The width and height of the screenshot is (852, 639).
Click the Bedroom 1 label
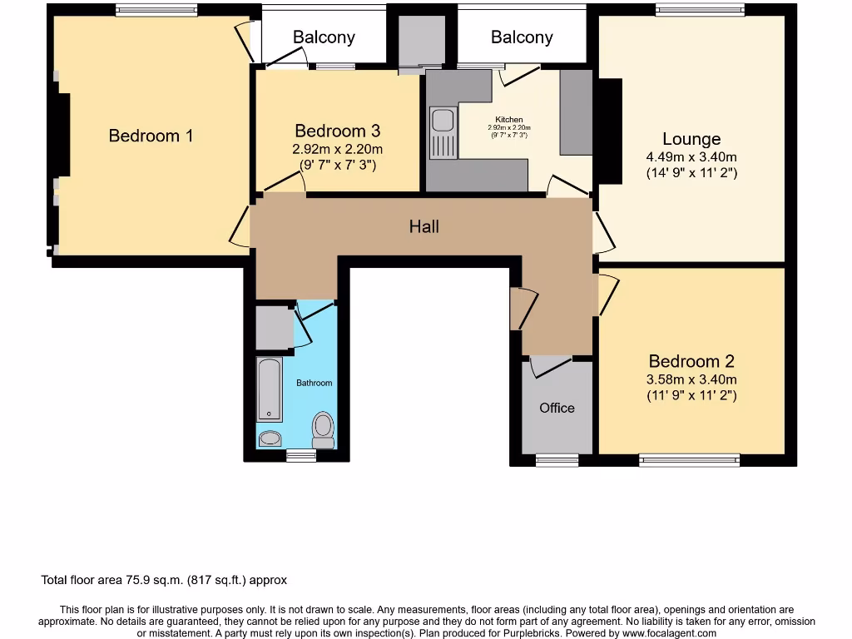(x=151, y=136)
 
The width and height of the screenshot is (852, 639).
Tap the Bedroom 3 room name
(x=337, y=131)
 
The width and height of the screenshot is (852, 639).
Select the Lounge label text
(x=691, y=139)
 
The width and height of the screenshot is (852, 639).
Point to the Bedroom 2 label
(x=691, y=361)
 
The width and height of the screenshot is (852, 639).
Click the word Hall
(x=424, y=226)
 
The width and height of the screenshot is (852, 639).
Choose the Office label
(x=557, y=408)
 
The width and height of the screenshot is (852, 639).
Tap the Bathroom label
(x=315, y=383)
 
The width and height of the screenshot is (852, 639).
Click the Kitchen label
(x=509, y=120)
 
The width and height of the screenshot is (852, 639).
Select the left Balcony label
(x=324, y=37)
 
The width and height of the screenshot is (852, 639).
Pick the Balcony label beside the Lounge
(x=522, y=37)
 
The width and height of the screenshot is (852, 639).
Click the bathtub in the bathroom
(x=269, y=389)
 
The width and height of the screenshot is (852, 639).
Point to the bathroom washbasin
(x=270, y=438)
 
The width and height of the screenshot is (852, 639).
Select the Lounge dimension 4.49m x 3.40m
(x=691, y=157)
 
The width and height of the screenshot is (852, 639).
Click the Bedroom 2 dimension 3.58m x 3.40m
(x=691, y=379)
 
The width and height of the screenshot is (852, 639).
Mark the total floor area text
(x=164, y=580)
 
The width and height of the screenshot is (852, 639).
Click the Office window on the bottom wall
(x=557, y=458)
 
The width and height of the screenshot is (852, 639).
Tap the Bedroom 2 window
(x=689, y=458)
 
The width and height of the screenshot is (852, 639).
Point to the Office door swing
(x=549, y=364)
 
